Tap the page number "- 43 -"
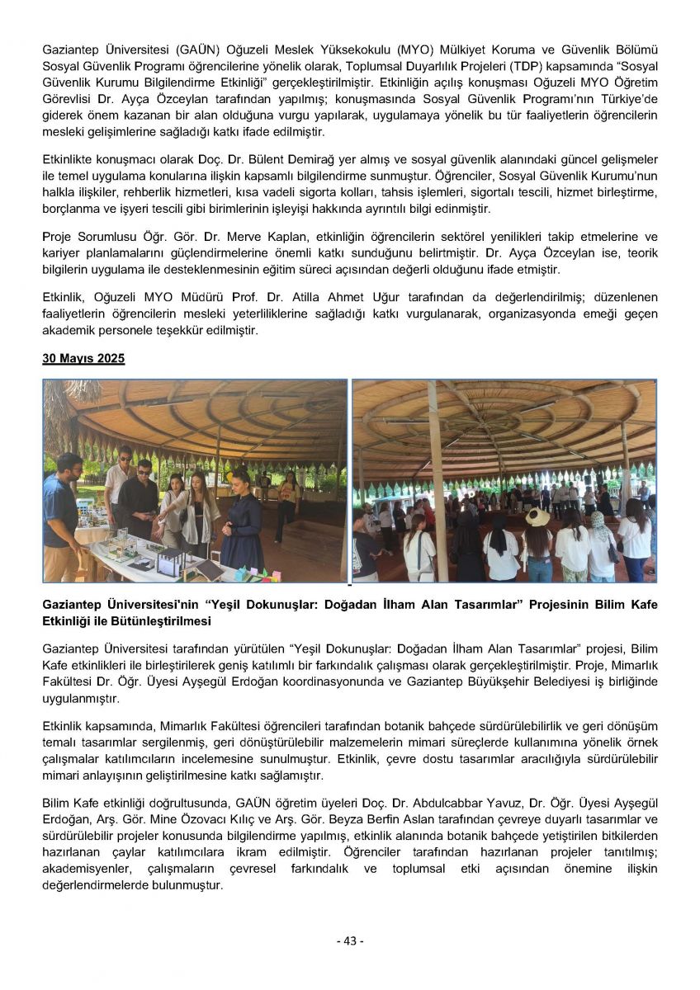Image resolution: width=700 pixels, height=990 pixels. click(349, 940)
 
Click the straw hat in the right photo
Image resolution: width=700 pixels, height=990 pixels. click(537, 517)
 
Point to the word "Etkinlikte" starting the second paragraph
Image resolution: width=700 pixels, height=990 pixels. click(69, 159)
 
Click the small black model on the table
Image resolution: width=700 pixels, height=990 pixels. click(172, 561)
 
